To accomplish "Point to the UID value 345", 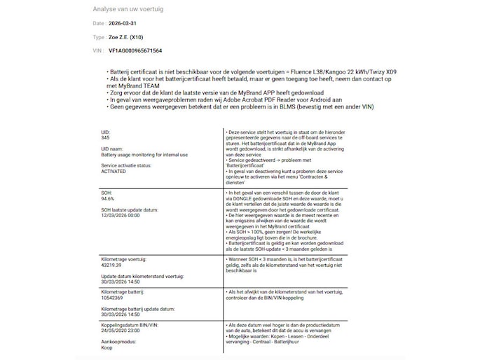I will click(106, 137).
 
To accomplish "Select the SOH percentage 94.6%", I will click(108, 198).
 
